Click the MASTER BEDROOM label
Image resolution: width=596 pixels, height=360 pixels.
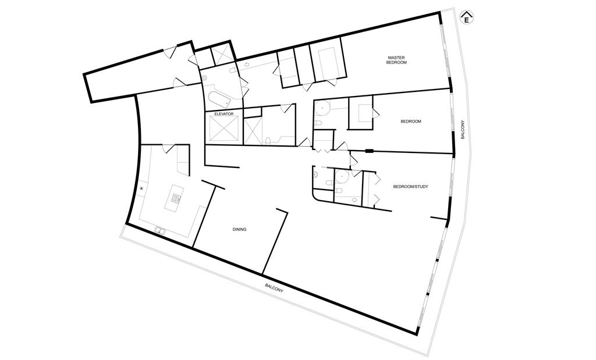point(396,60)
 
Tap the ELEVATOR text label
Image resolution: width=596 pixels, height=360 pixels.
point(223,114)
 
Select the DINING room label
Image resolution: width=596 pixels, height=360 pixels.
point(239,229)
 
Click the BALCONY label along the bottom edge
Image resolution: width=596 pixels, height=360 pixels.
point(274,287)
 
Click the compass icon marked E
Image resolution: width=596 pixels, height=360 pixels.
point(466,17)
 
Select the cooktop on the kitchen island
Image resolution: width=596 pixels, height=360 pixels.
point(175,197)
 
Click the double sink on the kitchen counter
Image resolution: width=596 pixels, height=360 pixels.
point(160,231)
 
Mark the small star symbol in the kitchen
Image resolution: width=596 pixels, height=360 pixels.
point(141,188)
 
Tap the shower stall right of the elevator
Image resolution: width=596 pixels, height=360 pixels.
point(253,131)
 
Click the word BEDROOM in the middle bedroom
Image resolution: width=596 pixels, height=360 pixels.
point(410,122)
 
